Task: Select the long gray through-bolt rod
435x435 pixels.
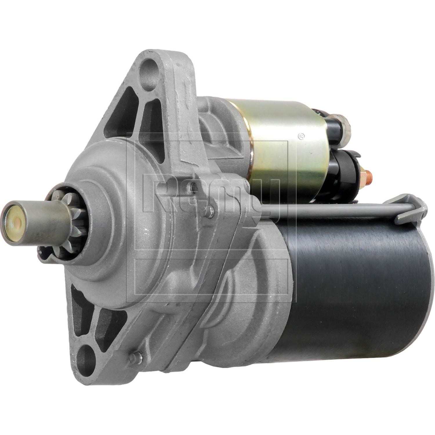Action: tap(319, 209)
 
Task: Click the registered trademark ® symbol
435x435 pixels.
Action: tap(301, 135)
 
